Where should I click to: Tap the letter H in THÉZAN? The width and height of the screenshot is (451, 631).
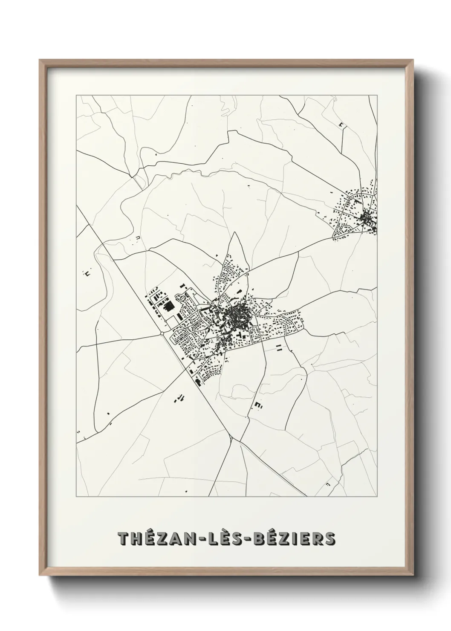click(138, 539)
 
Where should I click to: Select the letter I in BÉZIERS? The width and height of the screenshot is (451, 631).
click(302, 539)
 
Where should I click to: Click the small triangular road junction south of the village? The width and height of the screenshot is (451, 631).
click(231, 438)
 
